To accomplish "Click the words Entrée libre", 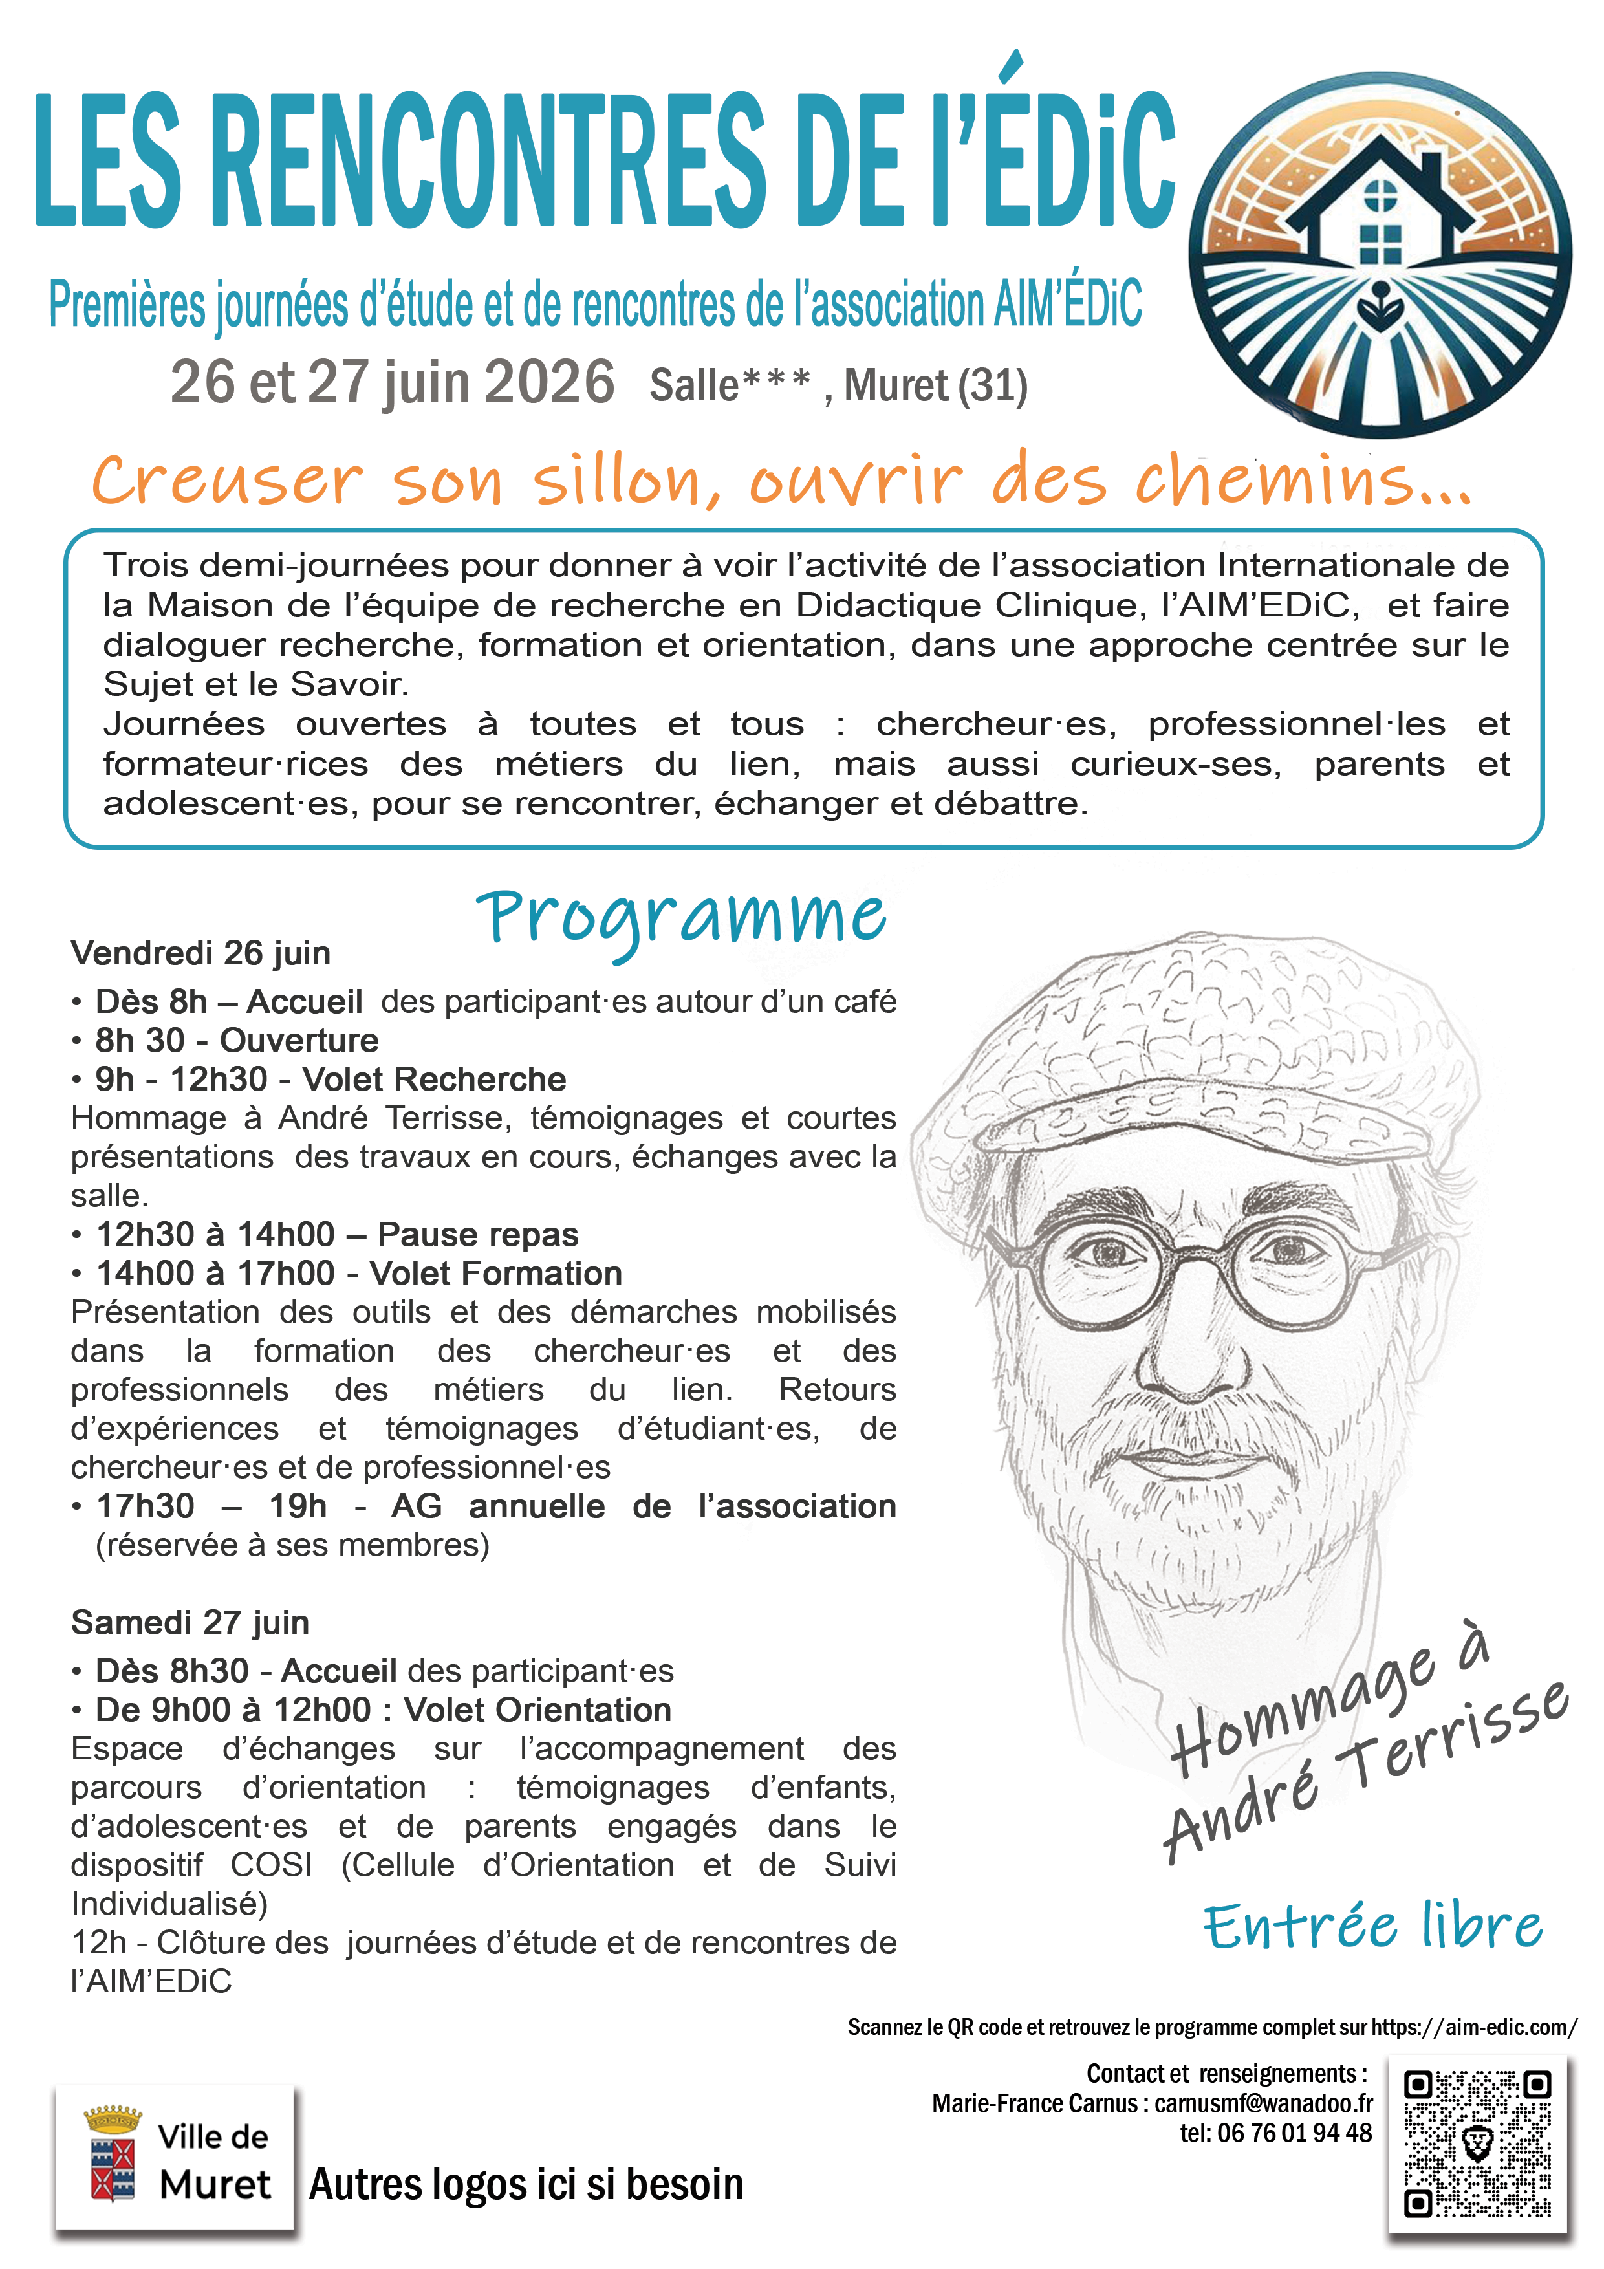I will pos(1372,1926).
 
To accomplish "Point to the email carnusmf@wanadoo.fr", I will pos(1263,2103).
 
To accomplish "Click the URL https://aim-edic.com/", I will pos(1473,2027).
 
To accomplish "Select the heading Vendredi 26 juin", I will pos(200,953).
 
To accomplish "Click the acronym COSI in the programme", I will pos(271,1865).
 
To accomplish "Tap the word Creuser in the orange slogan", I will pos(227,481).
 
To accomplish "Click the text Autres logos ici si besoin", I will pos(526,2184).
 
